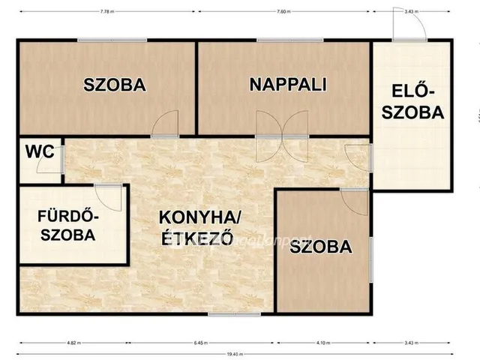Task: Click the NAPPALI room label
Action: point(287,84)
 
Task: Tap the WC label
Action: point(39,151)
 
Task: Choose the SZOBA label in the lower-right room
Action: point(320,246)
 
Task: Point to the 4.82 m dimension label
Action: point(73,342)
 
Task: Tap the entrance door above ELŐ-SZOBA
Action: point(410,28)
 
